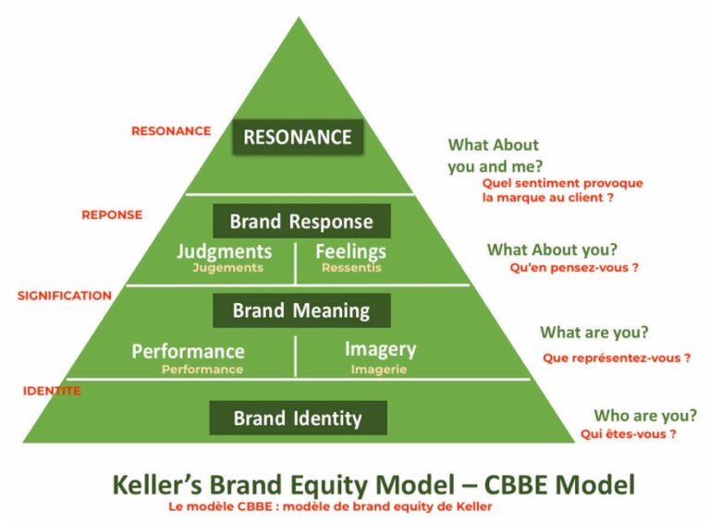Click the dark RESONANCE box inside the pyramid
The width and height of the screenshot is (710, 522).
(297, 138)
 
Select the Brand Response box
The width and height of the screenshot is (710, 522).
(301, 222)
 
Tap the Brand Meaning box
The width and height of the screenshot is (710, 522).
(300, 310)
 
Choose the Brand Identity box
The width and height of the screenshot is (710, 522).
(297, 418)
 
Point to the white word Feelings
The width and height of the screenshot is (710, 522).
(350, 251)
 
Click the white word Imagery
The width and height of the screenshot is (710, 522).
(380, 349)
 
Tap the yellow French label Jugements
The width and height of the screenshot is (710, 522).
(227, 268)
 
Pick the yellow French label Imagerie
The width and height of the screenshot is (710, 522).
(379, 369)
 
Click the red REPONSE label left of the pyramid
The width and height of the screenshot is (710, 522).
(112, 214)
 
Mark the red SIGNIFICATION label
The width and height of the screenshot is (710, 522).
(64, 296)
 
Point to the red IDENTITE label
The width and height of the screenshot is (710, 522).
(52, 391)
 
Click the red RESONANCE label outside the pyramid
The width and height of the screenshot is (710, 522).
(171, 131)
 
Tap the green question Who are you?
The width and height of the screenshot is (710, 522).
(645, 416)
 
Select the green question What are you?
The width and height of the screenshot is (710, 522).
(594, 333)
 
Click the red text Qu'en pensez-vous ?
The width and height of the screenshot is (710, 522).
(574, 268)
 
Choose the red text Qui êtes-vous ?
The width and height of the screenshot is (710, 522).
(629, 434)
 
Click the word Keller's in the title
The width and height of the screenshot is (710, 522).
(163, 484)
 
